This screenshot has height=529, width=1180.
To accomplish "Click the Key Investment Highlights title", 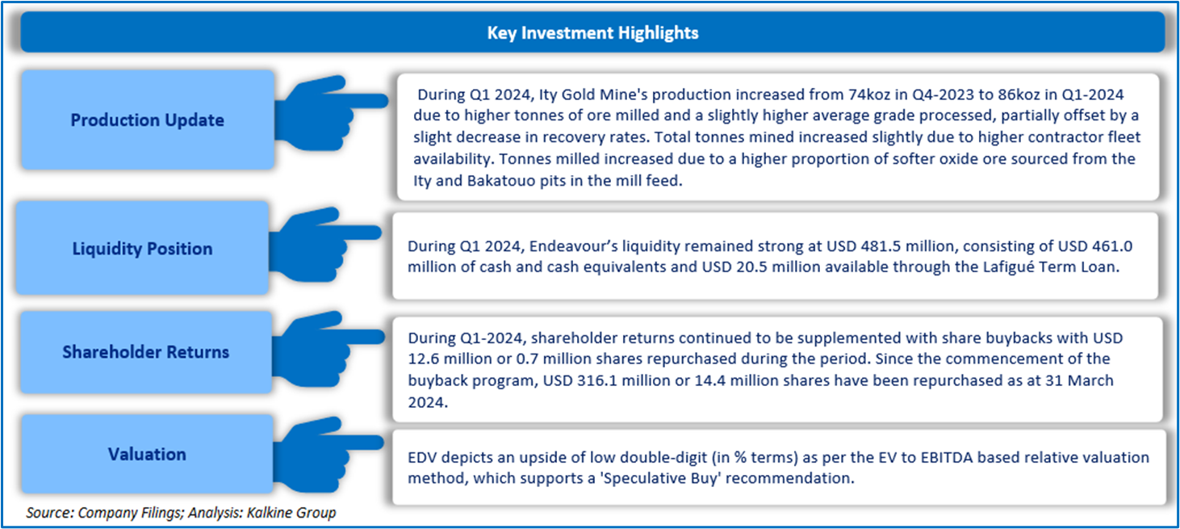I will point(592,33).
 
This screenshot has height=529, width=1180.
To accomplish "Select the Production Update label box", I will point(147,120).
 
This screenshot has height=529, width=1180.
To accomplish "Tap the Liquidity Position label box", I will point(143,249).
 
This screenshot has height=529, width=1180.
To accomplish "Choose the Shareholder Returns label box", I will point(146,352).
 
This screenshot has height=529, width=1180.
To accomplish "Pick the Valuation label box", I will point(147,455).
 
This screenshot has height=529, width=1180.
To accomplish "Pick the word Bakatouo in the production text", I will point(499,181).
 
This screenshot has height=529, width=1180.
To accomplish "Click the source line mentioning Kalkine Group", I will point(181,512).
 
